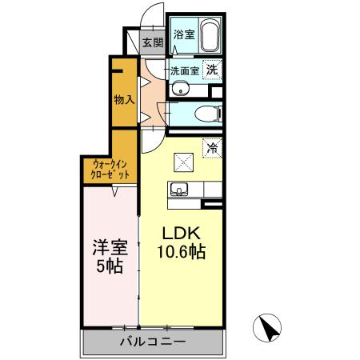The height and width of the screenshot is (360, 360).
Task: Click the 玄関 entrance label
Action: (152, 42)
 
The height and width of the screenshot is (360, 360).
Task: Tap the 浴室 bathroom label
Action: (184, 34)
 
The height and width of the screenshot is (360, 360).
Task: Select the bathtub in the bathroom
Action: (210, 37)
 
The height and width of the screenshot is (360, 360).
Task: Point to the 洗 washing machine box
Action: (213, 70)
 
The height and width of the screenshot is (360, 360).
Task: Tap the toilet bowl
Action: (207, 113)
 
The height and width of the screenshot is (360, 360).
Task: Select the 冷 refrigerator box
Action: (212, 147)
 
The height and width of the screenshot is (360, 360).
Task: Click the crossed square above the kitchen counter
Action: (183, 162)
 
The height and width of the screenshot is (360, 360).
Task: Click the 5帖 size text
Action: (107, 267)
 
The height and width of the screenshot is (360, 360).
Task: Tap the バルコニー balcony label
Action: (153, 342)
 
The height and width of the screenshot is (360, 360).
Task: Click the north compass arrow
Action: (270, 328)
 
